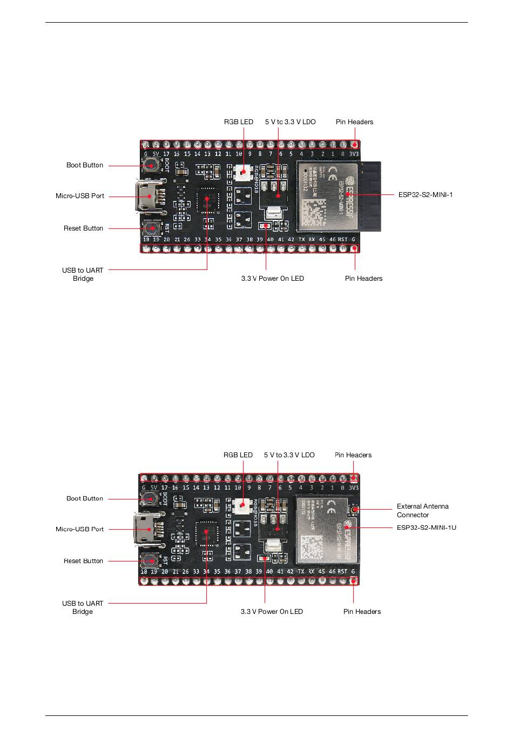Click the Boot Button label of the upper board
click(85, 165)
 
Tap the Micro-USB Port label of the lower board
click(79, 529)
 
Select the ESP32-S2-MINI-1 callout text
click(426, 194)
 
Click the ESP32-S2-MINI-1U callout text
click(426, 527)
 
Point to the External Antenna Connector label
click(422, 511)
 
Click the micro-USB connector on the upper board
click(145, 196)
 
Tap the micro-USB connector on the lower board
click(144, 529)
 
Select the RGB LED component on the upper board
click(242, 173)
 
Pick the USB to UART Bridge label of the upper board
click(83, 274)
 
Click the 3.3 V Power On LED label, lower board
click(272, 612)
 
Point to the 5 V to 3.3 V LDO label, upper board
click(290, 122)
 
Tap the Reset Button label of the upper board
click(83, 228)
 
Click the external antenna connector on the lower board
click(355, 509)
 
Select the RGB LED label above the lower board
click(238, 455)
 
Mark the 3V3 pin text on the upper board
click(354, 154)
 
